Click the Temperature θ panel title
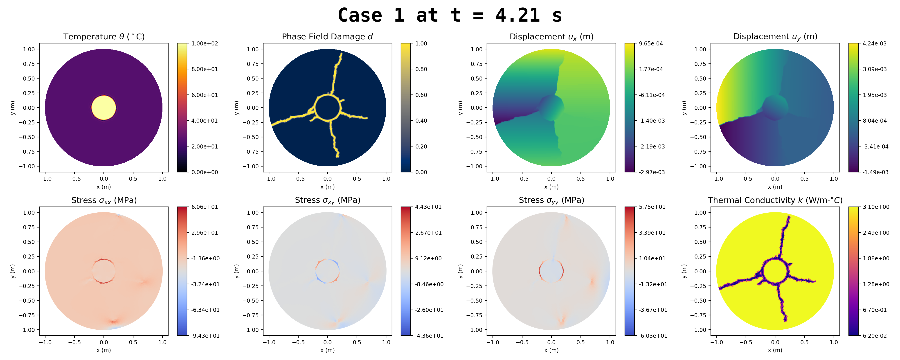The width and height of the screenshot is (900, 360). pyautogui.click(x=104, y=37)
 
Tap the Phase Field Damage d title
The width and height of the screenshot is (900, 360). pyautogui.click(x=327, y=37)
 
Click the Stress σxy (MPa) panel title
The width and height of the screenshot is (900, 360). pyautogui.click(x=327, y=200)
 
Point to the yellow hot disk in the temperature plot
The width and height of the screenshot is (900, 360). pyautogui.click(x=103, y=108)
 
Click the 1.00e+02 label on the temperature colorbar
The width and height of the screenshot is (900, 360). pyautogui.click(x=204, y=44)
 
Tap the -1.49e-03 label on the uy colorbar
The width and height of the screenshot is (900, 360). pyautogui.click(x=875, y=172)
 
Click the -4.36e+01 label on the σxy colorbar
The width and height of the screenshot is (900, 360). pyautogui.click(x=429, y=335)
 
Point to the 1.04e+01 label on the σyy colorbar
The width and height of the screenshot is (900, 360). pyautogui.click(x=652, y=258)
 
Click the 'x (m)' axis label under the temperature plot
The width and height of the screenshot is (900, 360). pyautogui.click(x=104, y=187)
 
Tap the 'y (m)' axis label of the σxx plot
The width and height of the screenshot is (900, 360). pyautogui.click(x=13, y=271)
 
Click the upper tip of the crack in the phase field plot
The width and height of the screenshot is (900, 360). pyautogui.click(x=341, y=54)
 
